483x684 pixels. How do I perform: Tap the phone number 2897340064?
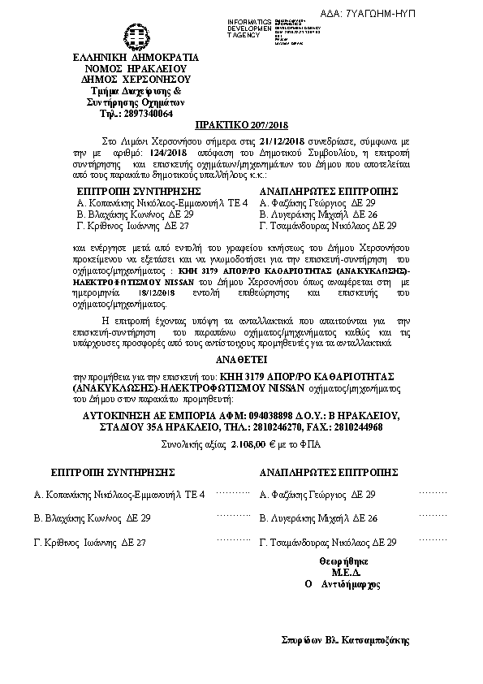pyautogui.click(x=148, y=114)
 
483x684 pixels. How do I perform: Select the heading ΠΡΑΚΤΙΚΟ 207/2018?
pyautogui.click(x=242, y=127)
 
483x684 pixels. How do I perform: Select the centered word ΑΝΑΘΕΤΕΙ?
pyautogui.click(x=241, y=357)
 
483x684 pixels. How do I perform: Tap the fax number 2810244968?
pyautogui.click(x=358, y=427)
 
